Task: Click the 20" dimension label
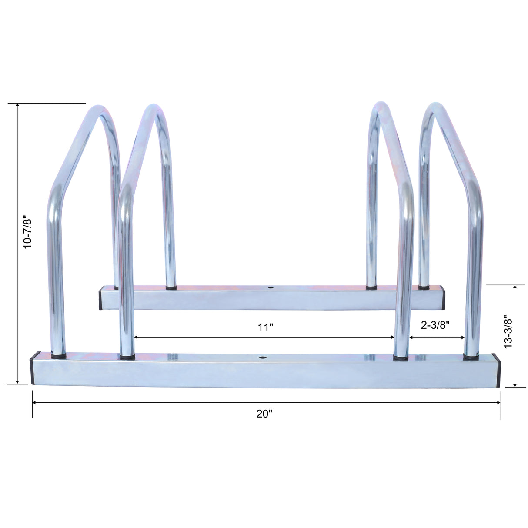264,414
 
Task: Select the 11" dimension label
264,327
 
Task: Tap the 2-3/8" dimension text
435,324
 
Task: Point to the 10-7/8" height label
28,234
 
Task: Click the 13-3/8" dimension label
508,331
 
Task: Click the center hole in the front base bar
262,358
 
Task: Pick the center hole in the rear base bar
271,288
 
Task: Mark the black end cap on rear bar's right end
443,297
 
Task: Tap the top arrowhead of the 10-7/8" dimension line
17,106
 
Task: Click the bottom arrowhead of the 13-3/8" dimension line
515,384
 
